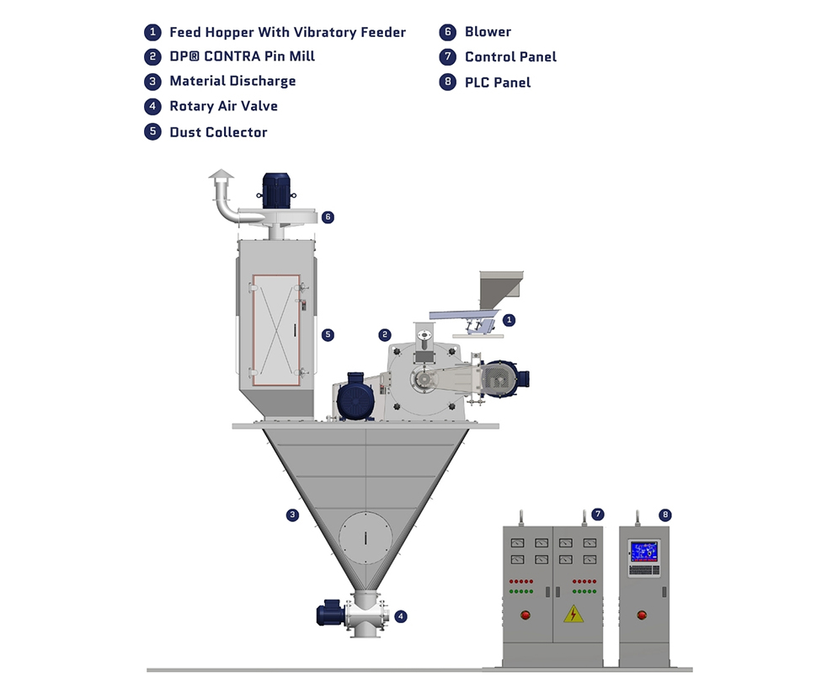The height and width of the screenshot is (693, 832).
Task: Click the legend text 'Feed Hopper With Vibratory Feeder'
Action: click(x=287, y=33)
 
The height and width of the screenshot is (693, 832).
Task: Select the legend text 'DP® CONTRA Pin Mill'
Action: click(x=242, y=57)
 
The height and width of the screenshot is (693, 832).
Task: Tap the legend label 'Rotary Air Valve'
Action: click(x=223, y=106)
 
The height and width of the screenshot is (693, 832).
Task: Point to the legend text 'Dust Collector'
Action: click(x=218, y=132)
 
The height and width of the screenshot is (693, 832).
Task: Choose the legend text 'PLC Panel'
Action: click(x=498, y=83)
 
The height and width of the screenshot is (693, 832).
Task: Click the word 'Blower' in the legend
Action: click(x=488, y=32)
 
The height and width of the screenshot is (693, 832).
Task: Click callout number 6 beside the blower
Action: click(x=328, y=216)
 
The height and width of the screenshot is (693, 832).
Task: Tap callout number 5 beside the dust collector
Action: click(x=328, y=334)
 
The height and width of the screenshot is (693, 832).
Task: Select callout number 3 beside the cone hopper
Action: click(x=292, y=514)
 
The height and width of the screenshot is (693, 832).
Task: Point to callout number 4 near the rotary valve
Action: click(x=401, y=616)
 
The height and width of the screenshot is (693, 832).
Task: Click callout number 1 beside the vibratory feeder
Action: click(x=509, y=320)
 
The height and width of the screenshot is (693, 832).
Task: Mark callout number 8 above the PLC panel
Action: click(x=666, y=514)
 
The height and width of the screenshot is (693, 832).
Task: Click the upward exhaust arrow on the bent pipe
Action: click(x=222, y=178)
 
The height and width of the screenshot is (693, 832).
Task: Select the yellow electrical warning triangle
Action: click(x=573, y=613)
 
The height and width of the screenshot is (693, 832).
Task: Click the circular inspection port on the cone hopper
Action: click(x=365, y=535)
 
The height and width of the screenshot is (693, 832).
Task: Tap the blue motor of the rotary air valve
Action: click(x=327, y=613)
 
